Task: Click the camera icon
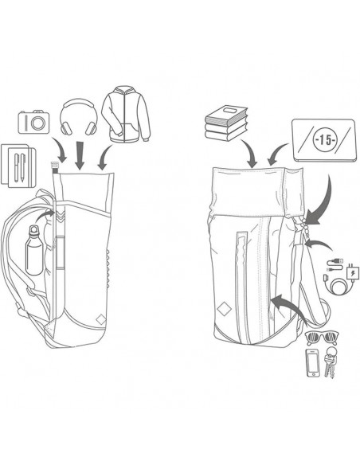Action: [x=33, y=122]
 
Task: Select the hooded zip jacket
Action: [x=126, y=114]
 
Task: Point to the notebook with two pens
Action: [x=18, y=166]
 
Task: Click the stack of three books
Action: [x=225, y=123]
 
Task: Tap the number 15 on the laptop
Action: [x=325, y=140]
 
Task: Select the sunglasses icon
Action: [x=323, y=338]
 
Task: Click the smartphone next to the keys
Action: [x=313, y=363]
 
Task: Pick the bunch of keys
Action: [x=330, y=361]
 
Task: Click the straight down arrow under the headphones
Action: [x=80, y=156]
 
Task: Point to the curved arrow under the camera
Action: [x=60, y=150]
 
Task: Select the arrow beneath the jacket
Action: [x=104, y=158]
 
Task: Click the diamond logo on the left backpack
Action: [x=101, y=320]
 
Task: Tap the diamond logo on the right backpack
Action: [x=224, y=309]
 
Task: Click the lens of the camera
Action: [x=38, y=123]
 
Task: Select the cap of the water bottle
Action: [x=33, y=229]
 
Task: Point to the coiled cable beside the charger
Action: [x=335, y=283]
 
